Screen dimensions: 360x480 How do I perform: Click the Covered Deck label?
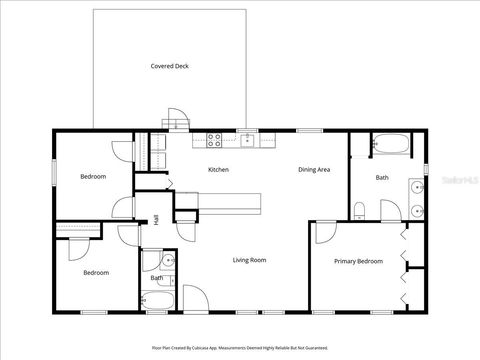(x=169, y=66)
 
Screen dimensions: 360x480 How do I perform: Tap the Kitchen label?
(x=218, y=170)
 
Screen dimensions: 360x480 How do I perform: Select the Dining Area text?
(x=314, y=170)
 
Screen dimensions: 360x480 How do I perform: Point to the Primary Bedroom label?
(x=358, y=261)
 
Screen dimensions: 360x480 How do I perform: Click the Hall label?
(x=156, y=220)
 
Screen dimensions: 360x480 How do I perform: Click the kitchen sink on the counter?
(x=245, y=138)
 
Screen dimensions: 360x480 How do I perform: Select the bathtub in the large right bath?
(x=389, y=145)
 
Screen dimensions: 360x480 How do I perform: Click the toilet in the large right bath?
(x=359, y=209)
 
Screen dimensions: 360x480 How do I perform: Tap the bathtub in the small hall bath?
(x=158, y=298)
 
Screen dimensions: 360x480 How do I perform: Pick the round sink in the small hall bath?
(x=168, y=261)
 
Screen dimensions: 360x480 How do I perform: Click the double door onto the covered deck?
(x=176, y=121)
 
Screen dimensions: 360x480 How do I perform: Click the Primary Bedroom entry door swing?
(x=325, y=233)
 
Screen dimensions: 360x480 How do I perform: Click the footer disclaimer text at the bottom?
(x=240, y=348)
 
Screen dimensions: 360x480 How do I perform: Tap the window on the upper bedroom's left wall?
(x=52, y=171)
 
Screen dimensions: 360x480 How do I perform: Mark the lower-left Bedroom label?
(x=96, y=272)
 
